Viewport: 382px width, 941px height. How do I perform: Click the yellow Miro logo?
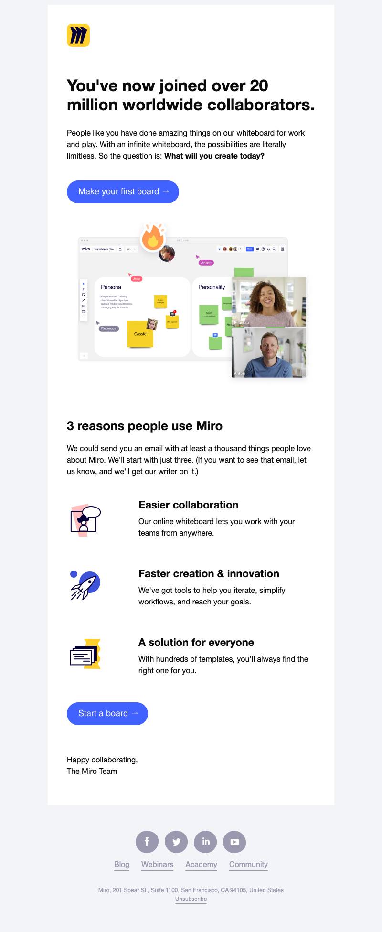78,35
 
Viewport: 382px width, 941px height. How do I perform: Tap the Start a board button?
107,713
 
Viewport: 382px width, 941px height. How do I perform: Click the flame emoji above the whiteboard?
153,237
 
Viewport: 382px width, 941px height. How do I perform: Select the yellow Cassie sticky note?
139,333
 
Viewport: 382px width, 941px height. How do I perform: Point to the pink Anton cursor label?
206,263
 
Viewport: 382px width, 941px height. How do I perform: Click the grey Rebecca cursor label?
109,328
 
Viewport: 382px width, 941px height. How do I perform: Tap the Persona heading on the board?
111,287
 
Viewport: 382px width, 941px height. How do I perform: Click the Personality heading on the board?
212,287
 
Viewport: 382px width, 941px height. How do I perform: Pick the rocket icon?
85,585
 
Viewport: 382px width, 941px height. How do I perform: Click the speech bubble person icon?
85,520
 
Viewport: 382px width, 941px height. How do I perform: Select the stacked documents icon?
85,654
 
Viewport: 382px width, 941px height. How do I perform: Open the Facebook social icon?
147,842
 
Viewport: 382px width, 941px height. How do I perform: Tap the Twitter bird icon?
176,842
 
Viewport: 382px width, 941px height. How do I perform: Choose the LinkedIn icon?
205,842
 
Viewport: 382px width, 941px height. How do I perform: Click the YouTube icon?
234,842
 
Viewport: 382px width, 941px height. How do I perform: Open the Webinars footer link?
157,864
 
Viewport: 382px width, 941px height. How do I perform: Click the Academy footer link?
201,864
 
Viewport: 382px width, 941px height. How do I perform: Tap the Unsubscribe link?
191,899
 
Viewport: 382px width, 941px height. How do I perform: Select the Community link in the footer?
248,864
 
